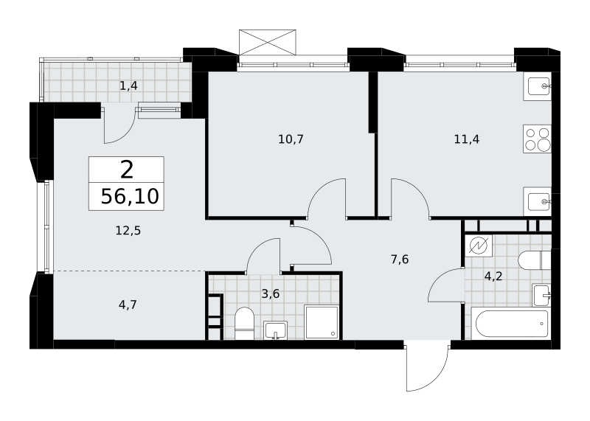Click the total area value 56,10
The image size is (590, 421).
(130, 196)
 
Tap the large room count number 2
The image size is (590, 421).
(127, 170)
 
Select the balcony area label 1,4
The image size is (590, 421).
(128, 86)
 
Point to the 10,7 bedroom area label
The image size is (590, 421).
(291, 139)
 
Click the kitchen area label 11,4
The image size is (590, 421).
(467, 139)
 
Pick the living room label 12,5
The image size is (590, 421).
(128, 230)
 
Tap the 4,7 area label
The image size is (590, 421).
(128, 305)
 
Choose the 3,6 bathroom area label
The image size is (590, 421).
(271, 293)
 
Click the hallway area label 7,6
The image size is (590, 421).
(400, 260)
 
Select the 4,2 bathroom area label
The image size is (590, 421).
(493, 277)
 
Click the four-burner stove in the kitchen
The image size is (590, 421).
(537, 139)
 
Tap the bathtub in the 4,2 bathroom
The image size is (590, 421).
(512, 324)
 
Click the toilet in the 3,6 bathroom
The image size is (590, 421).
(244, 323)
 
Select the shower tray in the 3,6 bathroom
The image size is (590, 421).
(322, 322)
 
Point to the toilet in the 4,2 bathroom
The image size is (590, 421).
(534, 260)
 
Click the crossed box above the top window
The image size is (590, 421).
(268, 42)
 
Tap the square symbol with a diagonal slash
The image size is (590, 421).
(478, 246)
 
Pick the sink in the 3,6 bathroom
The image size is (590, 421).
(275, 330)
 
